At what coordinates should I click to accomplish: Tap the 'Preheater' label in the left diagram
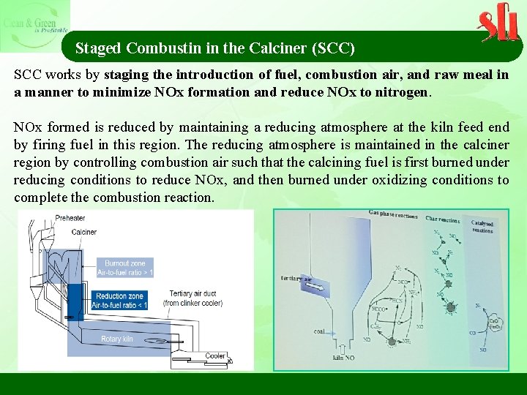(x=70, y=218)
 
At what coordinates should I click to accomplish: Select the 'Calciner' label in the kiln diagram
(x=84, y=232)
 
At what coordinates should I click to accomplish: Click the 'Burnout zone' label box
(x=125, y=268)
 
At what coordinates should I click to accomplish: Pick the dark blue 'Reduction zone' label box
(x=122, y=301)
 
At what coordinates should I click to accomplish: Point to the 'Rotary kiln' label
(x=117, y=339)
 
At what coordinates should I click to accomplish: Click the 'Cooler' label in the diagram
(x=214, y=356)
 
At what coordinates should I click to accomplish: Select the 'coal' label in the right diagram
(x=319, y=331)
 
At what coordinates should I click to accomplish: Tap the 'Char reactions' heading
(x=442, y=219)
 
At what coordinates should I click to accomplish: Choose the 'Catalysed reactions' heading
(x=482, y=227)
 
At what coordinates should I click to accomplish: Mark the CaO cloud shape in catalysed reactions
(x=494, y=323)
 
